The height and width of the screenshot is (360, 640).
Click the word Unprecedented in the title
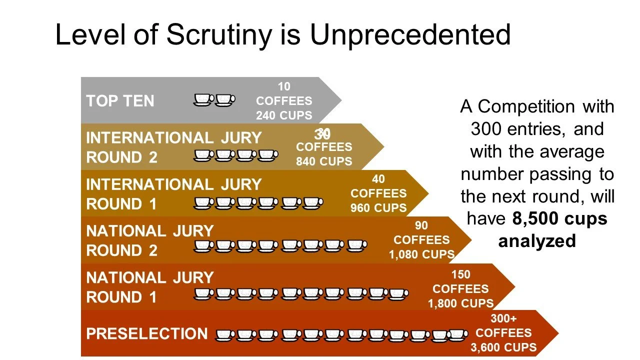410,35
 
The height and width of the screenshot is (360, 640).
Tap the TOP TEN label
120,101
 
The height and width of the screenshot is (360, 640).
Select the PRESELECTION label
147,334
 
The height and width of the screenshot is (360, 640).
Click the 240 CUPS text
284,115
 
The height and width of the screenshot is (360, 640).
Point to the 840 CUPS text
324,161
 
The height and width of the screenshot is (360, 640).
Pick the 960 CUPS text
378,208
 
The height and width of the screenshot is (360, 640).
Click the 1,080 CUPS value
422,254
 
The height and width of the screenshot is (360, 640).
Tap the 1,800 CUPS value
460,303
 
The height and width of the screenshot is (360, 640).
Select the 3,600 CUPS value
503,347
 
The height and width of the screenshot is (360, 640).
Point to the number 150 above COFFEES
460,274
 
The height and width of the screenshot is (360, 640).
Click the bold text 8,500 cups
559,218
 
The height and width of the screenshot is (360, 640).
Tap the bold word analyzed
537,241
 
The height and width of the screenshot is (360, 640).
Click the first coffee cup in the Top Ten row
203,100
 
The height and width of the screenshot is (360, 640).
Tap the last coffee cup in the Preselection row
456,335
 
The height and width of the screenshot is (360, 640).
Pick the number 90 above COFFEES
421,225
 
